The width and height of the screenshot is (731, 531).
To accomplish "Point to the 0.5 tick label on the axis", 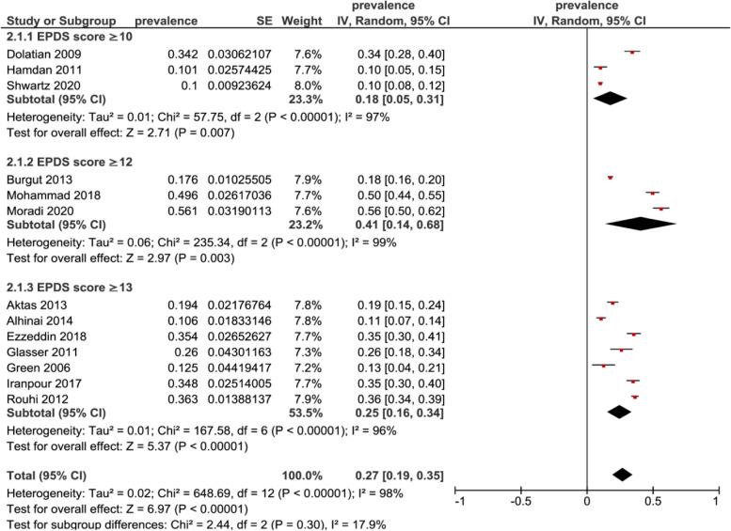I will tap(651, 501).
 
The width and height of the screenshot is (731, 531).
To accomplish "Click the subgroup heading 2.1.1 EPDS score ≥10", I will tap(69, 36).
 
